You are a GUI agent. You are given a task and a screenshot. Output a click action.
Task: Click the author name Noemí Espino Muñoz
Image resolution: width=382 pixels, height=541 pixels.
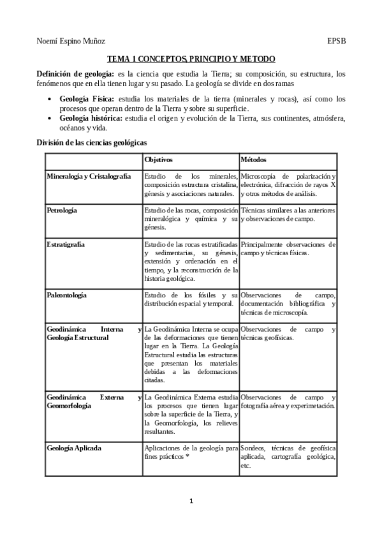(71, 41)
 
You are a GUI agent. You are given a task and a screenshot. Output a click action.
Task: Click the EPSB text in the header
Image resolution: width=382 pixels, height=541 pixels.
(337, 41)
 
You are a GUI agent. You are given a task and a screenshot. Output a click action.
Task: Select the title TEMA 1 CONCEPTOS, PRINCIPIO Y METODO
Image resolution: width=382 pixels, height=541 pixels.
(191, 58)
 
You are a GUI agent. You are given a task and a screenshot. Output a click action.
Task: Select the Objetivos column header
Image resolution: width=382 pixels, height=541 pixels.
(158, 159)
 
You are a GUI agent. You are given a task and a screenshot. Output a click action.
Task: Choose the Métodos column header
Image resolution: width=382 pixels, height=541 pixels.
(254, 159)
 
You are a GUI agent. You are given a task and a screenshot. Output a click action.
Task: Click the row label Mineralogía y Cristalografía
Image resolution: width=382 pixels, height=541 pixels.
(89, 176)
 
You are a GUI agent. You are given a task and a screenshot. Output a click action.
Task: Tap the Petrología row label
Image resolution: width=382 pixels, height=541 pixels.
(62, 210)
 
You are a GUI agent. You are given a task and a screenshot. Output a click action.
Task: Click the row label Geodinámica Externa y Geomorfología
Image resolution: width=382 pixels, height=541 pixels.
(94, 401)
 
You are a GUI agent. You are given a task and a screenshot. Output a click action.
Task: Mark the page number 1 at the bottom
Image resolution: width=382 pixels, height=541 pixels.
(191, 501)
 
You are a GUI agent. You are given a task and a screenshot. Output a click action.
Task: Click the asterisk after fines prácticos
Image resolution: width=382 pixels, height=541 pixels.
(187, 457)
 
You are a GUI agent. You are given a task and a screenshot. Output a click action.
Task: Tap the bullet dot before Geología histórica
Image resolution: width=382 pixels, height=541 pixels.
(51, 119)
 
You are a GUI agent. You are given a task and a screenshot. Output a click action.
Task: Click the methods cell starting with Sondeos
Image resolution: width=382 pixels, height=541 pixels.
(288, 457)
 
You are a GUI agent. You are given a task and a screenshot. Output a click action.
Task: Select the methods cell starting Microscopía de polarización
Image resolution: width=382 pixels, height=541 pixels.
(288, 184)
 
